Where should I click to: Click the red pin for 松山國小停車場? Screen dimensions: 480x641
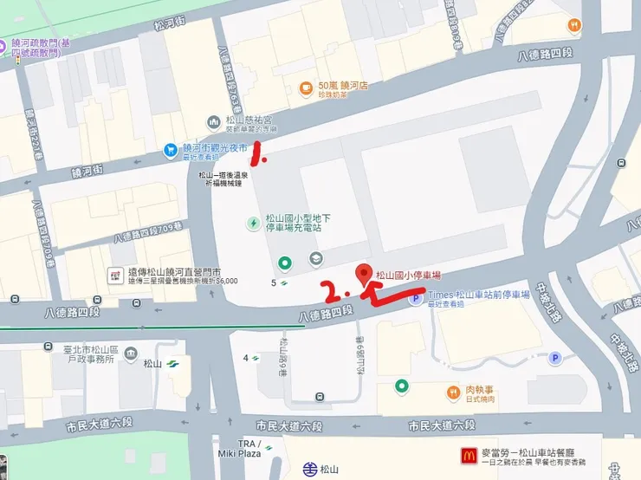coord(365,272)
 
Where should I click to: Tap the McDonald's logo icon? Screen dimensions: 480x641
coord(468,454)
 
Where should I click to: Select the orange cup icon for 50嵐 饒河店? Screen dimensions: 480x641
coord(305,88)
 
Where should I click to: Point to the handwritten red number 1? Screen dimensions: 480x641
coord(256,157)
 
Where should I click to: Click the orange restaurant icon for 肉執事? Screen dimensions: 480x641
coord(453,392)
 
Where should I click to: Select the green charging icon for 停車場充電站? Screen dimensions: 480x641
coord(253,224)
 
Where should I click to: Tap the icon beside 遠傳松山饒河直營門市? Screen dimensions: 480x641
coord(113,275)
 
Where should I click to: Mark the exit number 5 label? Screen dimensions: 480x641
coord(274,282)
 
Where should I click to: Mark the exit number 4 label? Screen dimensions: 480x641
coord(246,357)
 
